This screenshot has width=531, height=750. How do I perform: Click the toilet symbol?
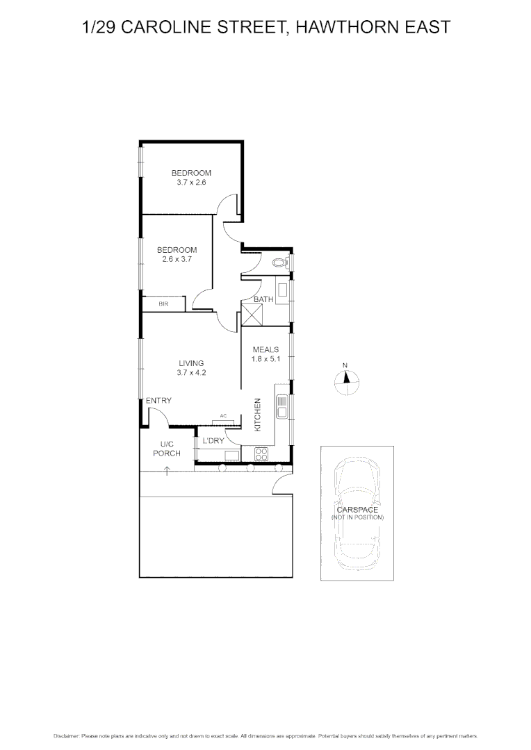(279, 262)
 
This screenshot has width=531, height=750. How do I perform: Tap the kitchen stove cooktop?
(263, 455)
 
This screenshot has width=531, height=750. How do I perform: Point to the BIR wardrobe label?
(163, 304)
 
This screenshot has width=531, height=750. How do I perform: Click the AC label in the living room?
(224, 416)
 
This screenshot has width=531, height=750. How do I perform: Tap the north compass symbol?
(345, 380)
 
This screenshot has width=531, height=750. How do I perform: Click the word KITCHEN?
(257, 415)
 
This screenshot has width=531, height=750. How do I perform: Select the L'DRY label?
(213, 440)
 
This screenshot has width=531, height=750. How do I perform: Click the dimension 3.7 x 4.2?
(191, 372)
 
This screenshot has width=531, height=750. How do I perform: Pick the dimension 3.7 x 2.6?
(191, 182)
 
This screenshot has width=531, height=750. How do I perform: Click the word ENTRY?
(158, 401)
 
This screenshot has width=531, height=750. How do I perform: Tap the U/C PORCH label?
(167, 449)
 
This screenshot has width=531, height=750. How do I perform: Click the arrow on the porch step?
(168, 472)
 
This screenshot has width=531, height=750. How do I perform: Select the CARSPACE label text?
(357, 510)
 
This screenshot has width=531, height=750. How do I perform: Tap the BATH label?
(263, 299)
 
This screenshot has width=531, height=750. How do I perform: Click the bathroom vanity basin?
(283, 291)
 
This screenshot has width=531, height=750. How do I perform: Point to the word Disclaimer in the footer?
(67, 735)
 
